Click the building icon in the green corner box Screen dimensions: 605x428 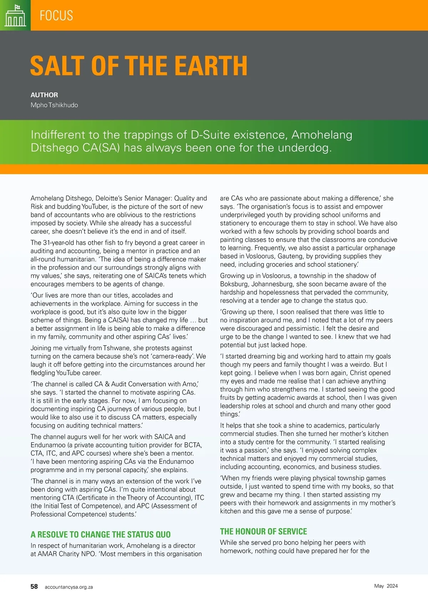coord(15,16)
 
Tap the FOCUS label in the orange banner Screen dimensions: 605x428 coord(56,16)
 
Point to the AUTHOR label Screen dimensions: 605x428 coord(44,95)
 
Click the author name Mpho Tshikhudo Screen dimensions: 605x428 coord(54,105)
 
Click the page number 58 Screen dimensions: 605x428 coord(34,586)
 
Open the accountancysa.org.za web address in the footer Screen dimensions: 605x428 coord(69,587)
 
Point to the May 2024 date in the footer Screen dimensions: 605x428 coord(386,586)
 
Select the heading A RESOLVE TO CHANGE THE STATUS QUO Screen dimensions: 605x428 coord(101,534)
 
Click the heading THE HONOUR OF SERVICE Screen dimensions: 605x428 coord(263,532)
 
